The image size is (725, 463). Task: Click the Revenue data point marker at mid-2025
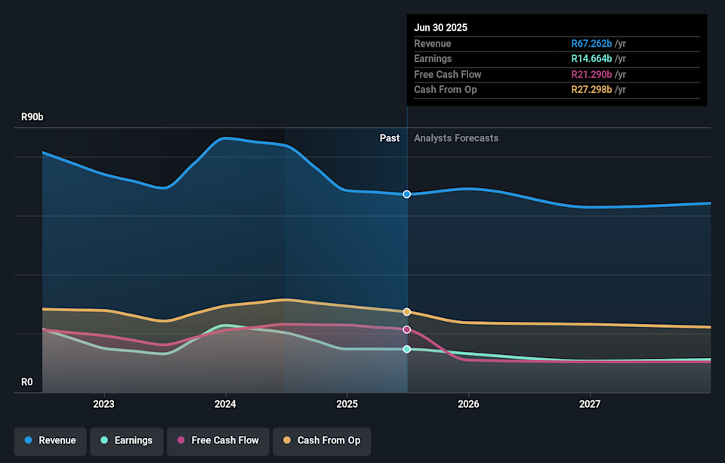point(407,194)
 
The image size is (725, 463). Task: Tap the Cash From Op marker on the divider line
point(407,312)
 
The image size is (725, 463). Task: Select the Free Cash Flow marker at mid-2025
point(407,329)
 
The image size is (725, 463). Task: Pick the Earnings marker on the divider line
point(407,349)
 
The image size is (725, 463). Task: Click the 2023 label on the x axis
point(103,404)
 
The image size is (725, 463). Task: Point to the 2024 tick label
point(225,404)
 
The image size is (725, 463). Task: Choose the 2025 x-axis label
point(347,404)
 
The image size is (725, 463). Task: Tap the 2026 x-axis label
point(468,404)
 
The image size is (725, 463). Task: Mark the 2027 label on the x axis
point(590,404)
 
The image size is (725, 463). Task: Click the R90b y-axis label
point(32,118)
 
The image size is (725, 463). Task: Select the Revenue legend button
point(50,440)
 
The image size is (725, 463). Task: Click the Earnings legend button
point(126,440)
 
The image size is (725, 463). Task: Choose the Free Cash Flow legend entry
point(217,440)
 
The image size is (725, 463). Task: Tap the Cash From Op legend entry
point(322,440)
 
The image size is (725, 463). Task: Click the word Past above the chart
point(390,138)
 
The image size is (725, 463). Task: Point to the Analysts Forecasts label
point(456,138)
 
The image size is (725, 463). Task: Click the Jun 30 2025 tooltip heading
point(440,27)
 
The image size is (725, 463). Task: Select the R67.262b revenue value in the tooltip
point(591,44)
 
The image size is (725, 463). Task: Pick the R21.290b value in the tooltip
point(591,74)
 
